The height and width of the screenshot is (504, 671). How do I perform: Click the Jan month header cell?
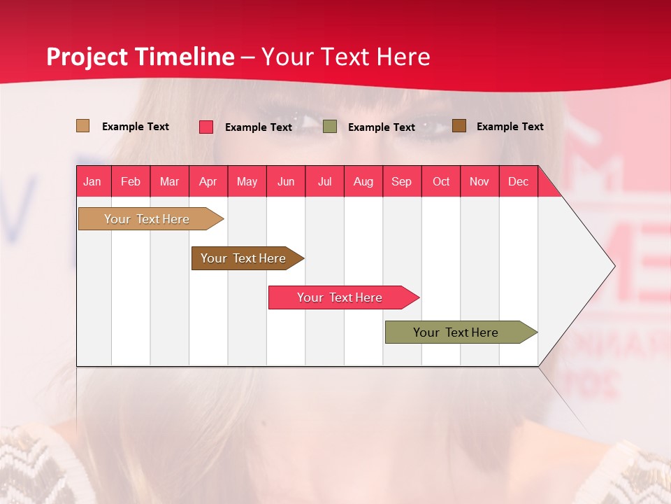pyautogui.click(x=93, y=181)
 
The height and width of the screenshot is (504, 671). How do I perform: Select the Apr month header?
pyautogui.click(x=208, y=181)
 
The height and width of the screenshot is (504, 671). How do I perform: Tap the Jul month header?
pyautogui.click(x=324, y=181)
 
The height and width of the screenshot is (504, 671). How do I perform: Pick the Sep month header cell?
pyautogui.click(x=402, y=181)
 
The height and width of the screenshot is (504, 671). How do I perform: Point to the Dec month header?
pyautogui.click(x=518, y=181)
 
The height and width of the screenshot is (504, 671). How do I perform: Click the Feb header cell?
pyautogui.click(x=131, y=181)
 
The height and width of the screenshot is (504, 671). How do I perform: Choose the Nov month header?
pyautogui.click(x=479, y=181)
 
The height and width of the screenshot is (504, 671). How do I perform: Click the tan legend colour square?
pyautogui.click(x=83, y=126)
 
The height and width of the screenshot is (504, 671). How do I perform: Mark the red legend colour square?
pyautogui.click(x=206, y=127)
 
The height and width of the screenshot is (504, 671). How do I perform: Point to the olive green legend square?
pyautogui.click(x=330, y=127)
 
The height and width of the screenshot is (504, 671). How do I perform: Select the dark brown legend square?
pyautogui.click(x=459, y=126)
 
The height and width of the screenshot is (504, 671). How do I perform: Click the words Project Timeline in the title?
pyautogui.click(x=140, y=57)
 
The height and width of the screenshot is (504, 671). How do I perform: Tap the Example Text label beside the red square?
pyautogui.click(x=259, y=127)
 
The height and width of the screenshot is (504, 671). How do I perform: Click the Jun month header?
pyautogui.click(x=286, y=181)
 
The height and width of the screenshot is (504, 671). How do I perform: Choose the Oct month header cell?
pyautogui.click(x=441, y=181)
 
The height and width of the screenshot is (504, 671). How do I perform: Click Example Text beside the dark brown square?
pyautogui.click(x=510, y=127)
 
